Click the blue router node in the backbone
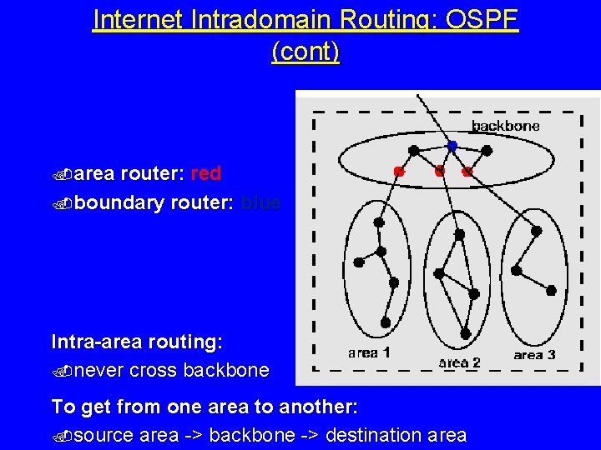coord(452,146)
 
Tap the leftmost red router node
coord(399,172)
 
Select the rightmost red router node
coord(467,172)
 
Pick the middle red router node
coord(439,172)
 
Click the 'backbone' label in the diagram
coord(505,126)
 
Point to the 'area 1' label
coord(369,352)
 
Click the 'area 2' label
coord(459,362)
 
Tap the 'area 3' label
coord(534,355)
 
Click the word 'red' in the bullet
coord(205,173)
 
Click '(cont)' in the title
coord(306,52)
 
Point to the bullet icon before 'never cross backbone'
coord(60,371)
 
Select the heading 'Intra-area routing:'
coord(136,342)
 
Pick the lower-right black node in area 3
coord(550,290)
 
